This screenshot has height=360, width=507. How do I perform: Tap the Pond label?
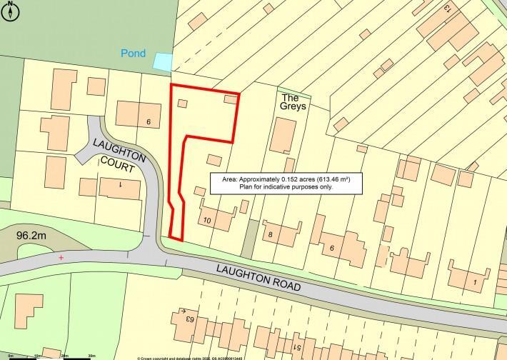(x=134, y=54)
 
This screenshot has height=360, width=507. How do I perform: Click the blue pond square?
(x=163, y=62)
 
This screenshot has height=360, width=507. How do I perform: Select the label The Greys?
(x=293, y=101)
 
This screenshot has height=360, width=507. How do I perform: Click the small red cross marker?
(x=61, y=257)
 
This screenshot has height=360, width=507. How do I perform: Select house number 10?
(x=208, y=219)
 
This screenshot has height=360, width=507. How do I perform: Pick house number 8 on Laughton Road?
(x=271, y=234)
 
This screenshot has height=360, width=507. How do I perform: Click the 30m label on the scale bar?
(x=91, y=355)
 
